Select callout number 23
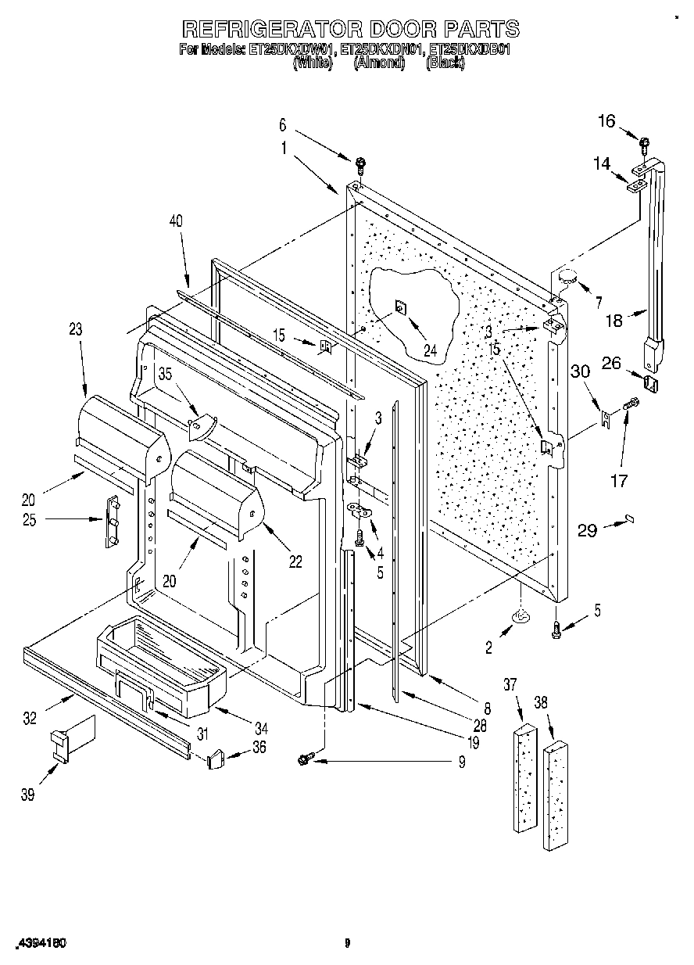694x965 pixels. point(75,330)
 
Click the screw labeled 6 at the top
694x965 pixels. point(361,163)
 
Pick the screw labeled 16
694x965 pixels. point(645,143)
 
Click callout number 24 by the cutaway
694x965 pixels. point(430,350)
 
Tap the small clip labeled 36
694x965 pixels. point(217,759)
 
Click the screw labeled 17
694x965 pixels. point(631,404)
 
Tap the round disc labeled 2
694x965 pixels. point(520,619)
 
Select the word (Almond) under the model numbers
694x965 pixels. point(379,65)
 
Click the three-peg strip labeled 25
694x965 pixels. point(111,520)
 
